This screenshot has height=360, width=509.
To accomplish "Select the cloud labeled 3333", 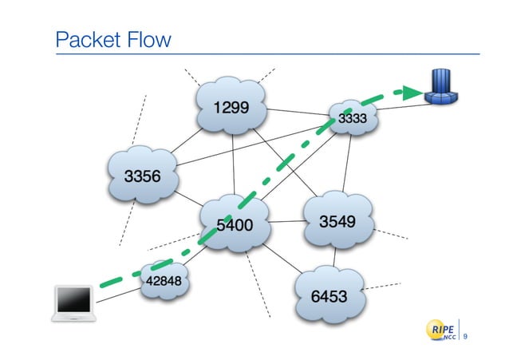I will point(352,119).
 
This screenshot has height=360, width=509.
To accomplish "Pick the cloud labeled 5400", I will point(235,224).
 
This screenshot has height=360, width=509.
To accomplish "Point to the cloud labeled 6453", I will point(329,295).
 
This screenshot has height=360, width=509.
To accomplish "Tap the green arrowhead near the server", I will point(412,93).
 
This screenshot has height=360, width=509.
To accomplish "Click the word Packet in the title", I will point(86,39).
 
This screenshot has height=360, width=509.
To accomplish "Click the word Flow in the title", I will point(148,39).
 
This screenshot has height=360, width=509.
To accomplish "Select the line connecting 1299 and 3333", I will point(299,112).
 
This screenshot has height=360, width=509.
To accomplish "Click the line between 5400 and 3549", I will point(286,223).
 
